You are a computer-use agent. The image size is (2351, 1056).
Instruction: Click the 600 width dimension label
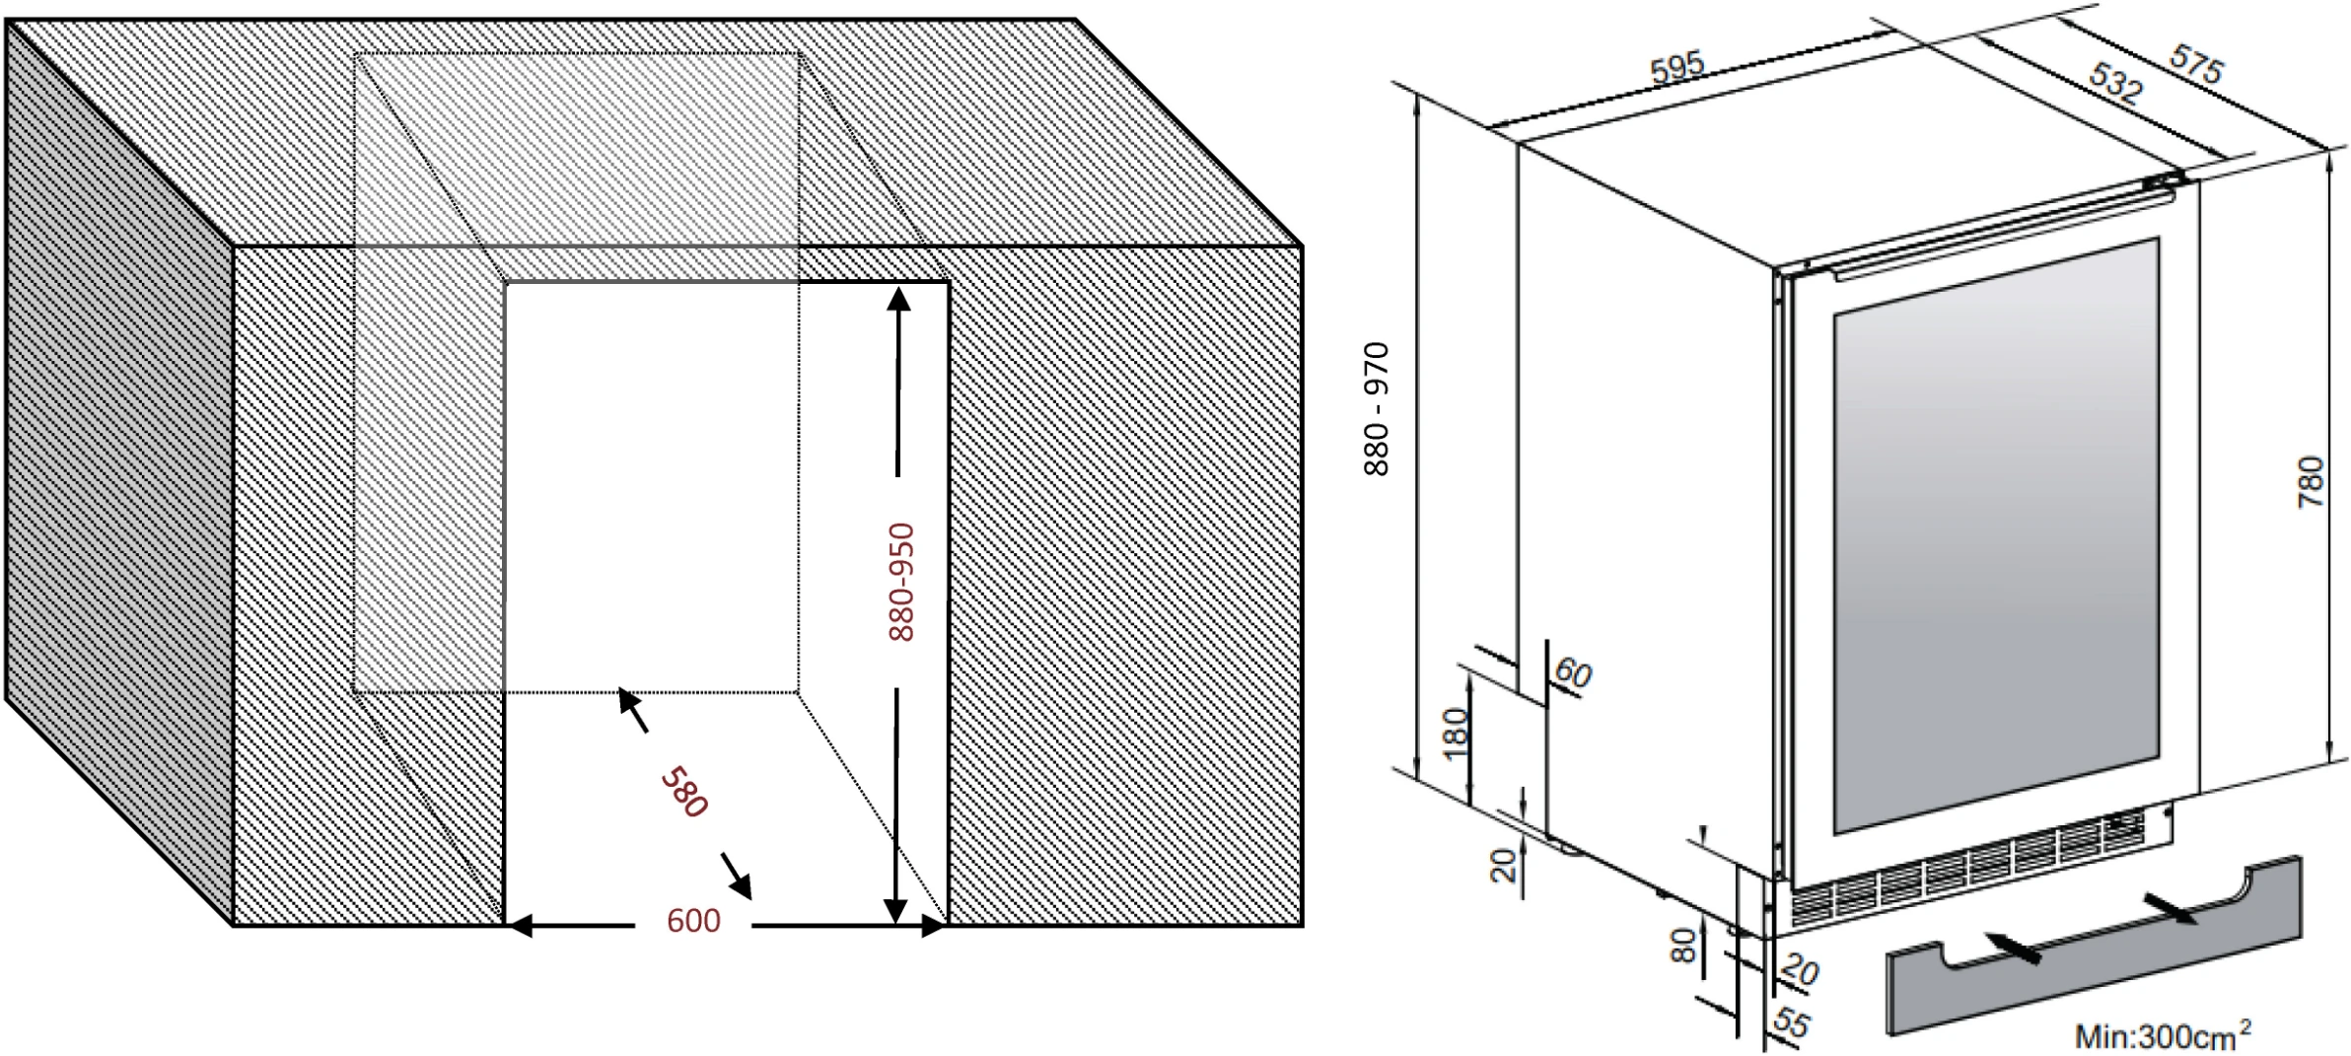point(693,921)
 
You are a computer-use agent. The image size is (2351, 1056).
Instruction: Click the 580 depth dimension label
point(684,792)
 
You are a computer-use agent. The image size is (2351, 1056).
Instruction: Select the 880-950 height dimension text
point(901,582)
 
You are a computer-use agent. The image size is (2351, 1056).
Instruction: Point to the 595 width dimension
point(1676,66)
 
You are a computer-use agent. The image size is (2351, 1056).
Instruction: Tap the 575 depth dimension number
point(2196,64)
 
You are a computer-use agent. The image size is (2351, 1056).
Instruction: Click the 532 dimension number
point(2116,83)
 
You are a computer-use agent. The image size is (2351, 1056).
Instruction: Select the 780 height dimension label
point(2311,482)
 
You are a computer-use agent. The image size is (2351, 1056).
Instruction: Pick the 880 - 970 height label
point(1376,409)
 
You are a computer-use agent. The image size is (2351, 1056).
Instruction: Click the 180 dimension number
point(1456,734)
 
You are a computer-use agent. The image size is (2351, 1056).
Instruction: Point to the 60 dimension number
point(1573,673)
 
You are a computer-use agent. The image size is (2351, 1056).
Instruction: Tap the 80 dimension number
point(1682,946)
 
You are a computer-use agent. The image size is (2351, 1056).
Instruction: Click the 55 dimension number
point(1791,1022)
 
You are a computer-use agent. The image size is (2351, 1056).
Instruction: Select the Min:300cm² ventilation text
point(2163,1035)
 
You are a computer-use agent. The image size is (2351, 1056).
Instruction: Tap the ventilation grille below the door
point(1967,867)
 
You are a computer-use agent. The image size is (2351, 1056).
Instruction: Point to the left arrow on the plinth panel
point(2013,948)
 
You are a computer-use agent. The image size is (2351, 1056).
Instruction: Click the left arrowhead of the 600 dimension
point(519,926)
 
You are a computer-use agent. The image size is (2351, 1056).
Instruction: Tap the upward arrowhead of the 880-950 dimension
point(898,299)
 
